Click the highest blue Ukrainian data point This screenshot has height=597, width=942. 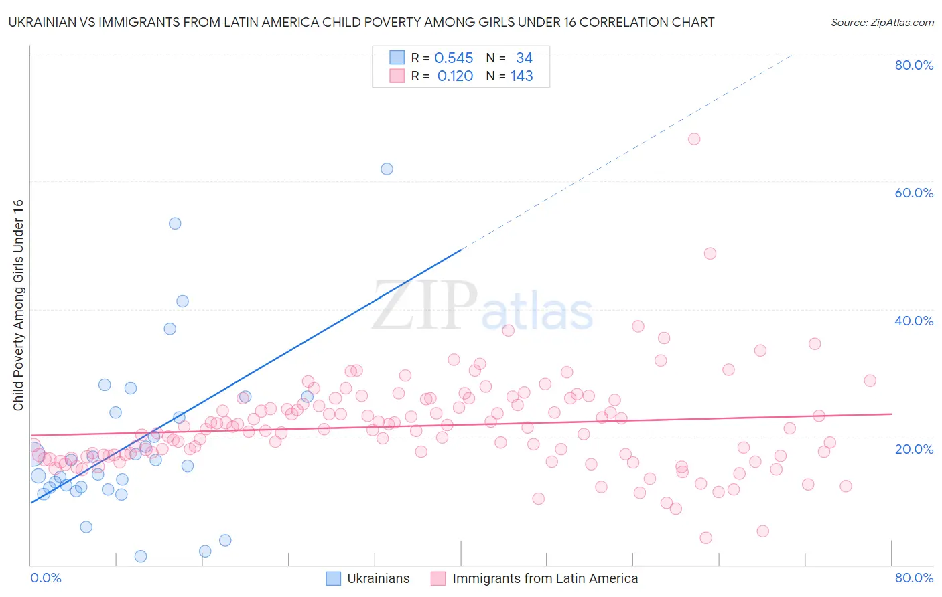387,169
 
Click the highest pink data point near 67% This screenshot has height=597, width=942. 694,139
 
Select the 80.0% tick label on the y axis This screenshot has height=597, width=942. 914,65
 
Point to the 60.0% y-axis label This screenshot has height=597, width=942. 914,193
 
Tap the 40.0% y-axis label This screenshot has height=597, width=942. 914,321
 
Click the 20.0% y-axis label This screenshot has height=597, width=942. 914,448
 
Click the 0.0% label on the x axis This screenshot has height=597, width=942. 46,578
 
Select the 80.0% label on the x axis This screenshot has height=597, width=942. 914,578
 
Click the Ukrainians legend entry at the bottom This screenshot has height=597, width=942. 378,578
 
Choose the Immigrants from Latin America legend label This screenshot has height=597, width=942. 545,578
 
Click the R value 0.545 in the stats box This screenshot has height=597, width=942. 454,58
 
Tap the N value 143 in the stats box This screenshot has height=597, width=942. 521,76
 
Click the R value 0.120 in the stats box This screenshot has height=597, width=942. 455,76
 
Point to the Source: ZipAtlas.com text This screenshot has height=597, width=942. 882,22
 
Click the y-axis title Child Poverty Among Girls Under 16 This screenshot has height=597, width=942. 18,305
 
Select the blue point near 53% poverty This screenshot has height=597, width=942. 175,224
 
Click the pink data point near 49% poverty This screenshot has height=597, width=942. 710,254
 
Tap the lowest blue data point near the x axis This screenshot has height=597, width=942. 141,556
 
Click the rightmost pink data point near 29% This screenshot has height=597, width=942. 870,380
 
